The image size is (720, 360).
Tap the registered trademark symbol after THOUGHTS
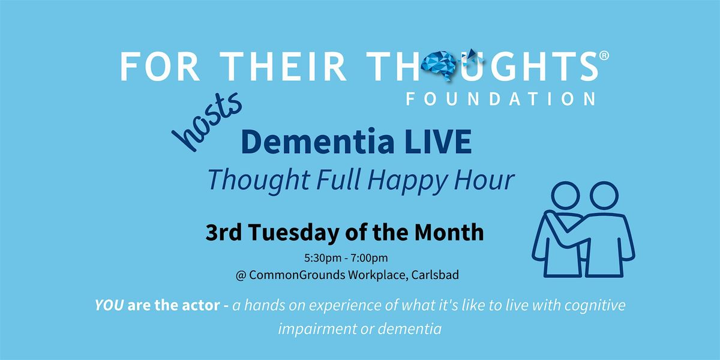[x=604, y=56]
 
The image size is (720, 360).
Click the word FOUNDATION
[x=501, y=98]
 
